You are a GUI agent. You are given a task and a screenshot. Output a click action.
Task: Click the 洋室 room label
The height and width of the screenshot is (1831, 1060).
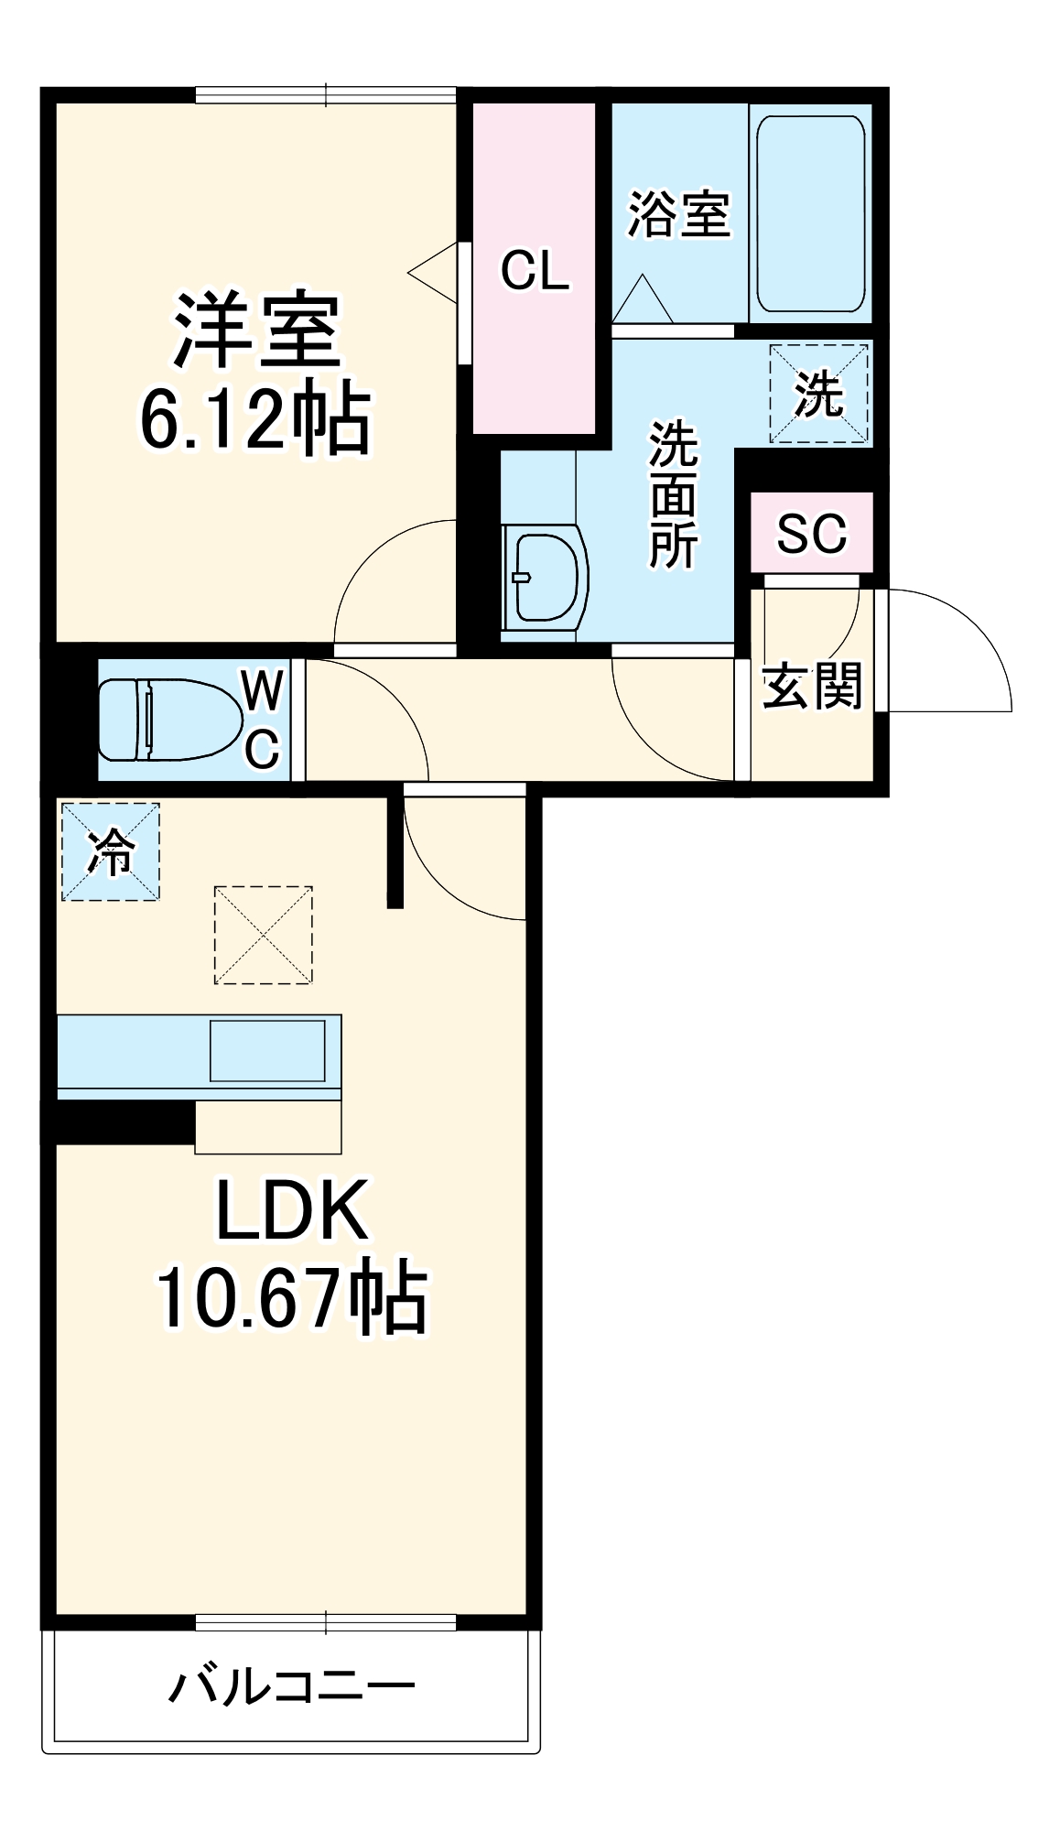point(257,330)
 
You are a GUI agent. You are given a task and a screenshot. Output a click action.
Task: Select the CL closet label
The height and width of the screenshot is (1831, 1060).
point(535,270)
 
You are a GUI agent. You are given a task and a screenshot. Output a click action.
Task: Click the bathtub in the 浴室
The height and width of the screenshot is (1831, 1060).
point(810,214)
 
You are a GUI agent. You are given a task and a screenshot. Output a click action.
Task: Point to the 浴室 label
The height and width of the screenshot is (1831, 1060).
point(678,215)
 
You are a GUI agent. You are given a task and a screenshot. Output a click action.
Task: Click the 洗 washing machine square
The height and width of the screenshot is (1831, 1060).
point(818,394)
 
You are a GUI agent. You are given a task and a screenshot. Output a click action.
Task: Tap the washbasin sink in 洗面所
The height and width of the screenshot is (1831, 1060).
point(546,578)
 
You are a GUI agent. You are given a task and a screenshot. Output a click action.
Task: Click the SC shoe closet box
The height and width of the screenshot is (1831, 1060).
point(812,533)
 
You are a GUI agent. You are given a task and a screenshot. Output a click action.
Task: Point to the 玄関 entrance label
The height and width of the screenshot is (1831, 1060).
point(812,686)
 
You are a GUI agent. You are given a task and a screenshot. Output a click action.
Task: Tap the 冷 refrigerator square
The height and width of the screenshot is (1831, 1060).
point(111,852)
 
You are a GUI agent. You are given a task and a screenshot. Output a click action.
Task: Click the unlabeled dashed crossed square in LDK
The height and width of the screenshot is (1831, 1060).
point(264,935)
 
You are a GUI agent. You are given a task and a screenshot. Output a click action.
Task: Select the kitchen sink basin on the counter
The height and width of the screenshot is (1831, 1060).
point(267,1050)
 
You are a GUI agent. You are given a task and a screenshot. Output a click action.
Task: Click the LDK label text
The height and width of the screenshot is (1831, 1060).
point(292,1210)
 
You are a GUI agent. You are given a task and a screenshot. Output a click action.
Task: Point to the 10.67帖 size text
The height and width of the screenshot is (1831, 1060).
point(291,1297)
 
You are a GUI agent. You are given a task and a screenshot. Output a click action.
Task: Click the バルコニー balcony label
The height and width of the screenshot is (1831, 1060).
point(292,1686)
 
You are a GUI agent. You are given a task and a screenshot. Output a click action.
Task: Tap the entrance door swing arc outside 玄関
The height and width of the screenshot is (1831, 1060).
point(961,641)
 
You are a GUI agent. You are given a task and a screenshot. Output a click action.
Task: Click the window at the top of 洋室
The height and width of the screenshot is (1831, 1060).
point(325,94)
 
